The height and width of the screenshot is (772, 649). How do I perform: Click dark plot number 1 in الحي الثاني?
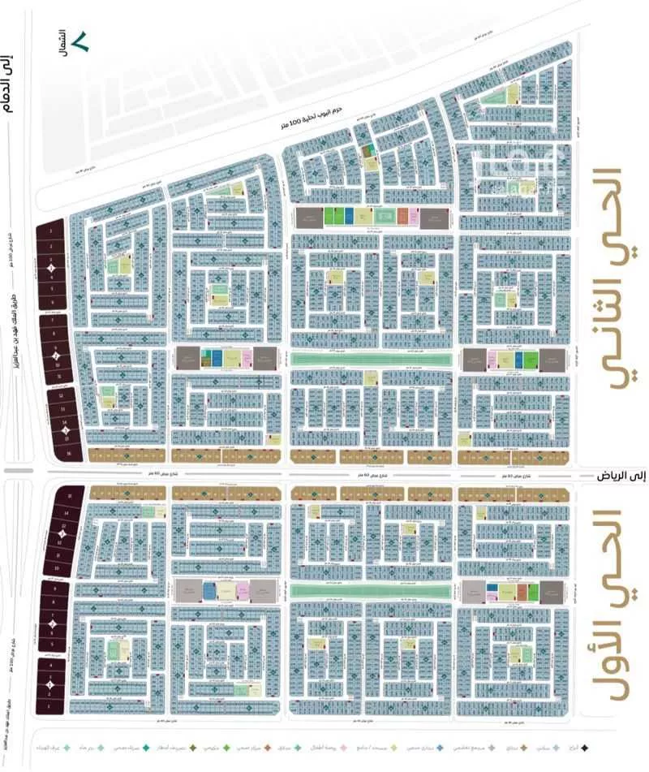pyautogui.click(x=51, y=230)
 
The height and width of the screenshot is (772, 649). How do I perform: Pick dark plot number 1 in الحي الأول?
pyautogui.click(x=51, y=706)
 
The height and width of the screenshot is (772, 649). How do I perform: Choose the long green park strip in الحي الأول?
pyautogui.click(x=371, y=590)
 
